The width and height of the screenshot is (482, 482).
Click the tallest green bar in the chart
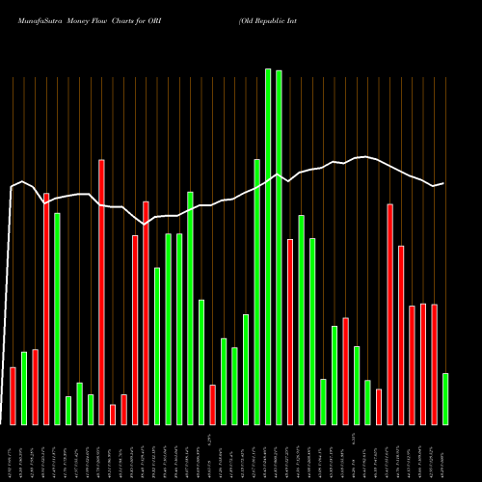coord(268,247)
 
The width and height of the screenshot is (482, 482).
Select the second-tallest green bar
coord(279,248)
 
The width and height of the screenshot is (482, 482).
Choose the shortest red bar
coord(113,415)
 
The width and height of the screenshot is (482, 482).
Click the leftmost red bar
coord(13,396)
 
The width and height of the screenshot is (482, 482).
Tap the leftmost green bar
coord(24,388)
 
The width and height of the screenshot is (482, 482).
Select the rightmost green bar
coord(445,399)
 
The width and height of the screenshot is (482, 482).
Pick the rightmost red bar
coord(434,364)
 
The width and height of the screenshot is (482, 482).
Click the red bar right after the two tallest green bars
coord(290,332)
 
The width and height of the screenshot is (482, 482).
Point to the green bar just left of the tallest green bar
coord(257,292)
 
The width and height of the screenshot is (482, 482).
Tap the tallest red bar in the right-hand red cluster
coord(389,314)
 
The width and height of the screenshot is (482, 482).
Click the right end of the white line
coord(443,183)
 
